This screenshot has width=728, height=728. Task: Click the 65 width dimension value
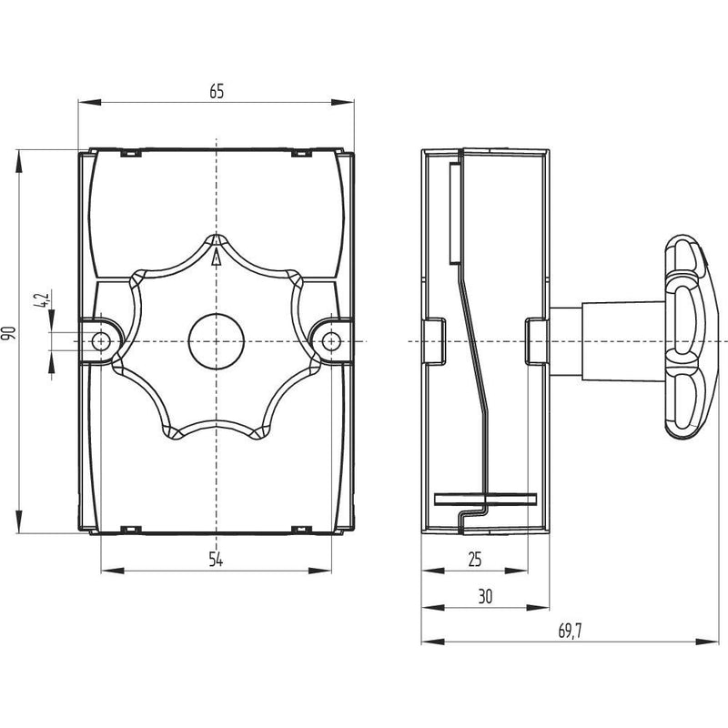pos(217,92)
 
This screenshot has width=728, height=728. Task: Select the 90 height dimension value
pos(9,332)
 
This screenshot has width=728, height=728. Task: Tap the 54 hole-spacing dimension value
pos(216,560)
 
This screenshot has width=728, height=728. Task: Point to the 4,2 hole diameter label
pos(41,300)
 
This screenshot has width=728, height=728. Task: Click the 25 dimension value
pos(475,560)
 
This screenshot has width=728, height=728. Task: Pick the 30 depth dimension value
pos(485,597)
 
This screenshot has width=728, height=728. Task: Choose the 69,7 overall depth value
pos(571,632)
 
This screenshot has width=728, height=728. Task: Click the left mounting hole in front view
pos(101,342)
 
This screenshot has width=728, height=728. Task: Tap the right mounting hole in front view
pos(330,342)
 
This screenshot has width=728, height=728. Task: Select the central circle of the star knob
pos(216,342)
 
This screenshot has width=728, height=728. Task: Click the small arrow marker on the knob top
pos(216,257)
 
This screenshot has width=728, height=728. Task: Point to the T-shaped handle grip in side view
pos(686,338)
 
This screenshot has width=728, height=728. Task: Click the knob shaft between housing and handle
pos(607,342)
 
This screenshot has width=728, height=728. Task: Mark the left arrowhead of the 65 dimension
pos(89,102)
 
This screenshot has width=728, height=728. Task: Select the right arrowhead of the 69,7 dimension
pos(707,642)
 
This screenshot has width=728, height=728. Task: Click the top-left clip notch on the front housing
pos(130,152)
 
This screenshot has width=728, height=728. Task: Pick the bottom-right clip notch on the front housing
pos(302,530)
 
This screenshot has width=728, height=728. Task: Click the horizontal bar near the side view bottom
pos(486,499)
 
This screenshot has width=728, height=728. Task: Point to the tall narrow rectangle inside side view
pos(454,213)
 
